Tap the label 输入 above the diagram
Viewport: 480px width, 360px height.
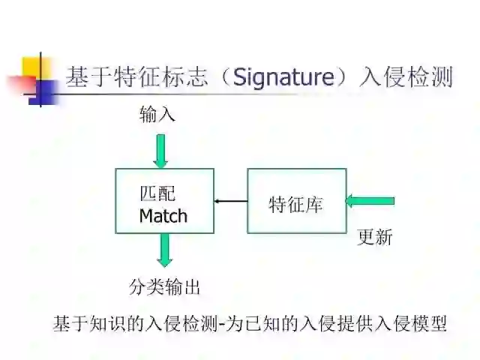157,114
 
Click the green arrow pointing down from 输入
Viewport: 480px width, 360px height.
160,151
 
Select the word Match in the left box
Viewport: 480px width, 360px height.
163,216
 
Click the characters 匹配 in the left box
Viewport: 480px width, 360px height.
157,193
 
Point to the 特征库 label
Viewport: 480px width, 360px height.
295,204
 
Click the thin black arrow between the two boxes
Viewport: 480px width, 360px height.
230,201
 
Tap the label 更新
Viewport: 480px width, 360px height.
375,238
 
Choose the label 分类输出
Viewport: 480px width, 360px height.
165,286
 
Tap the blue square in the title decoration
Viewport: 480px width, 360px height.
46,91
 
